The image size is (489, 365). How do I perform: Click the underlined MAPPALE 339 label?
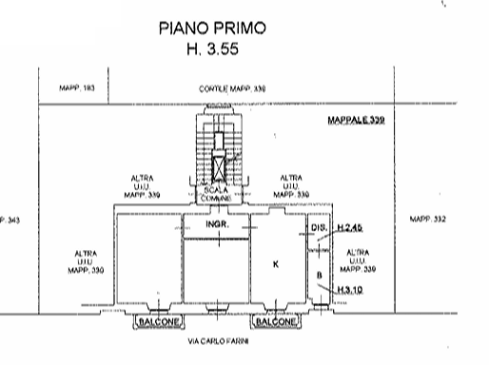tap(353, 121)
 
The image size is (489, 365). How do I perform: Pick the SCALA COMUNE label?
tap(219, 194)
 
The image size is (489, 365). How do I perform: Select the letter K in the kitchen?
tap(275, 263)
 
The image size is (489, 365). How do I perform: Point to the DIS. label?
tap(319, 229)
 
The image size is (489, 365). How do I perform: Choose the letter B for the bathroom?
tap(319, 277)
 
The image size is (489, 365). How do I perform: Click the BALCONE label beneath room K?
tap(278, 323)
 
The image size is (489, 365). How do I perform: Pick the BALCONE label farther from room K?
tap(156, 323)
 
